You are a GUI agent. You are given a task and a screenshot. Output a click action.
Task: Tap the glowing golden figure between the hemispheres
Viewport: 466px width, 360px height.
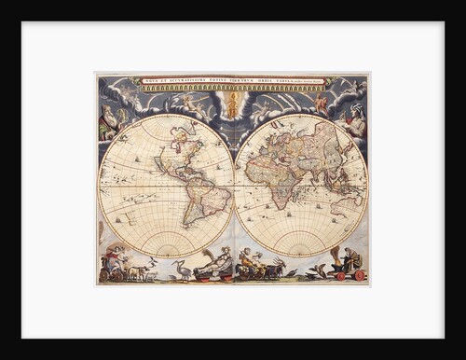coord(232,104)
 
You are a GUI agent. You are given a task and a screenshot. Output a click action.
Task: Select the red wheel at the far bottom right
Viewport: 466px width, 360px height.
coord(360,275)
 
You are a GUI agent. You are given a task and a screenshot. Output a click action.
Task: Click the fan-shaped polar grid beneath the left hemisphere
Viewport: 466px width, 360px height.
coord(166,242)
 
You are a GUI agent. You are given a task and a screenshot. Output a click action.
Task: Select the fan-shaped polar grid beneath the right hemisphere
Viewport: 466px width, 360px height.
coord(300,242)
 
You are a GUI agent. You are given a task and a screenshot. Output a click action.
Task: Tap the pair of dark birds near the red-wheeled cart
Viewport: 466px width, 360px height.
coord(321,271)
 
